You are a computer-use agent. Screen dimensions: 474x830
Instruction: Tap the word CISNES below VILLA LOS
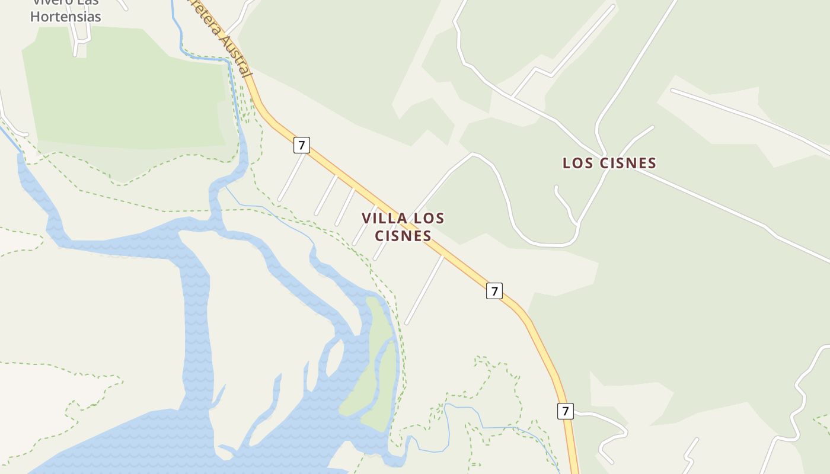(x=403, y=236)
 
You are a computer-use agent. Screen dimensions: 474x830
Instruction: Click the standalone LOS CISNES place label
(x=609, y=163)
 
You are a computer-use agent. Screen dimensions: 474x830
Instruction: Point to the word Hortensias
(x=66, y=17)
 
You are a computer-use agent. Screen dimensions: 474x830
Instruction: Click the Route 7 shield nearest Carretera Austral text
(x=302, y=145)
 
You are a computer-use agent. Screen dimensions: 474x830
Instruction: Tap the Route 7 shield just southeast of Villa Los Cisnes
(x=494, y=291)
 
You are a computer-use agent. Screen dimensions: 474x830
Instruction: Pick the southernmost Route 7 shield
(x=566, y=411)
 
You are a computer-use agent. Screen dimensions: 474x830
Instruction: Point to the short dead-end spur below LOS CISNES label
(x=565, y=204)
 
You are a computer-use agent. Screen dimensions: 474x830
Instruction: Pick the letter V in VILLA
(x=366, y=218)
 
